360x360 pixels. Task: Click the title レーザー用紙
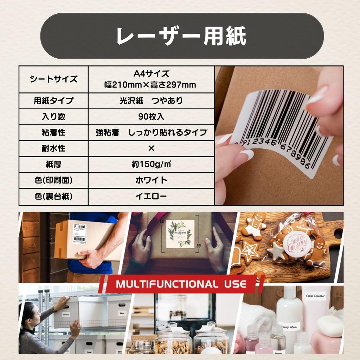[x=182, y=36]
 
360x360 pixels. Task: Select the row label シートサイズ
[x=53, y=79]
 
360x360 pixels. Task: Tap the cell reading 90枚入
[x=151, y=117]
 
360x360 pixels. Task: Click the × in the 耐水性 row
[x=151, y=148]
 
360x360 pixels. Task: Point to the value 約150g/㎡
[x=151, y=164]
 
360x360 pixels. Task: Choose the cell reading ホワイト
[x=151, y=180]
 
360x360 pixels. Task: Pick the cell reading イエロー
[x=151, y=197]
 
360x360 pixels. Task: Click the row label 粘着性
[x=53, y=133]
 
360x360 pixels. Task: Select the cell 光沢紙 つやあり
[x=151, y=101]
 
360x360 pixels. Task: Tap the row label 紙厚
[x=53, y=164]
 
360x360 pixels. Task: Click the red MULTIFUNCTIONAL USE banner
[x=181, y=284]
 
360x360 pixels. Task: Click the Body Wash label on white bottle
[x=289, y=326]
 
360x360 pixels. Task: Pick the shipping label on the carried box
[x=80, y=234]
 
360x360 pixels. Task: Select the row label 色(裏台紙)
[x=53, y=197]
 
